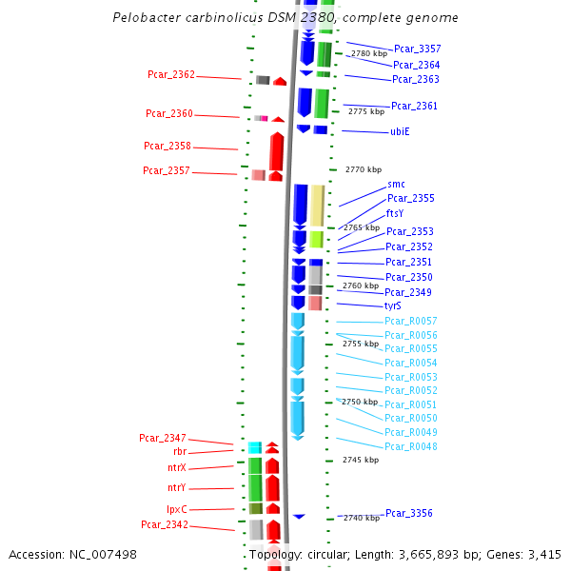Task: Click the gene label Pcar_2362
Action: point(171,74)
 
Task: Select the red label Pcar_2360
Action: point(169,114)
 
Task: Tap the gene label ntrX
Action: point(176,468)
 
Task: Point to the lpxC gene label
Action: point(176,509)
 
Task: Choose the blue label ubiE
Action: point(400,131)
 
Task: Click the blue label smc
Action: point(396,184)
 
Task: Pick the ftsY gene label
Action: point(395,213)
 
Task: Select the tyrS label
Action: point(393,306)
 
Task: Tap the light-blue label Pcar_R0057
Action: point(411,321)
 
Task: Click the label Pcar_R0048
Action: point(411,446)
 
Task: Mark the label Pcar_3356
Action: point(409,513)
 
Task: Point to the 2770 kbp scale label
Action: point(363,169)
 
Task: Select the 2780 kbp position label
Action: point(369,54)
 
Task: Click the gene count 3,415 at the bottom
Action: point(544,554)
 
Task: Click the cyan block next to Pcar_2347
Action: point(254,447)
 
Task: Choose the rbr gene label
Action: point(180,452)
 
